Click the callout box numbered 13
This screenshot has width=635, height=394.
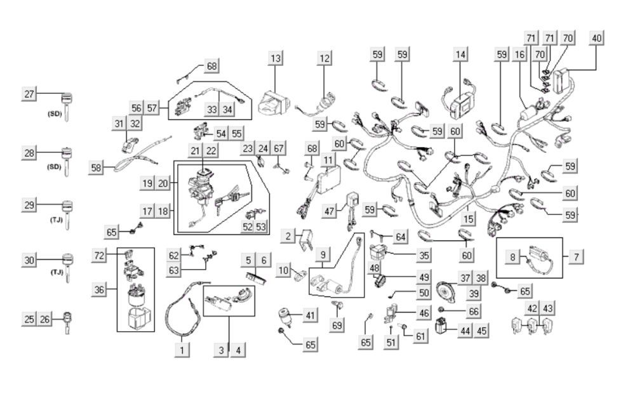point(275,59)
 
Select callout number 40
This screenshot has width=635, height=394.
point(596,37)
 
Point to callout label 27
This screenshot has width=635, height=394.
point(29,94)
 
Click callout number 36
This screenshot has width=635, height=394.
point(99,290)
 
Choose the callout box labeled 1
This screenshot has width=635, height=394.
point(182,349)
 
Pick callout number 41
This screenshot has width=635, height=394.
point(309,315)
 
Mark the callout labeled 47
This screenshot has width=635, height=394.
point(328,210)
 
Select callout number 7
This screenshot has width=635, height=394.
point(576,257)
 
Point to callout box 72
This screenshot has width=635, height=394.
point(99,255)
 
